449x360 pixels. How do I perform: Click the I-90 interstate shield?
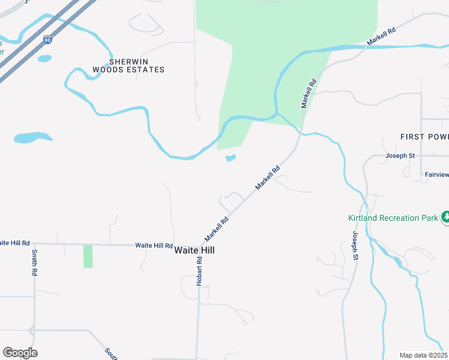[47, 40]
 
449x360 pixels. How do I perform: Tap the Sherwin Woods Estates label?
[128, 65]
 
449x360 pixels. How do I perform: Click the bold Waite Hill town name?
[194, 251]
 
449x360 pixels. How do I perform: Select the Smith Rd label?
[35, 263]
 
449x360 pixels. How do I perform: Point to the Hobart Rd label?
[200, 271]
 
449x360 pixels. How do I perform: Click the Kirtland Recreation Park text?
[393, 218]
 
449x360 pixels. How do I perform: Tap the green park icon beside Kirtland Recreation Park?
[445, 217]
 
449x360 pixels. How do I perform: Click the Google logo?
[20, 353]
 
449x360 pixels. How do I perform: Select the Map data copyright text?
[423, 355]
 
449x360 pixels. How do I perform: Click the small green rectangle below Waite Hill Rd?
[88, 256]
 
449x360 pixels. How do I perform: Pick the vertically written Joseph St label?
[355, 245]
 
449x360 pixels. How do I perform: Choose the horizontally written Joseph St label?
[400, 156]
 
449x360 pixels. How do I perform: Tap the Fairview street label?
[436, 175]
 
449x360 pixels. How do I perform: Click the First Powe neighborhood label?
[424, 137]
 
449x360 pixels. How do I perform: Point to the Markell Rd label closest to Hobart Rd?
[217, 226]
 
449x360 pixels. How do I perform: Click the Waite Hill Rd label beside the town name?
[154, 245]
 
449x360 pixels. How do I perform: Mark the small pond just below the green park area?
[231, 158]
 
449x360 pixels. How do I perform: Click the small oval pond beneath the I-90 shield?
[44, 58]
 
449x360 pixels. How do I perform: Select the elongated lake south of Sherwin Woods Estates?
[33, 137]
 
